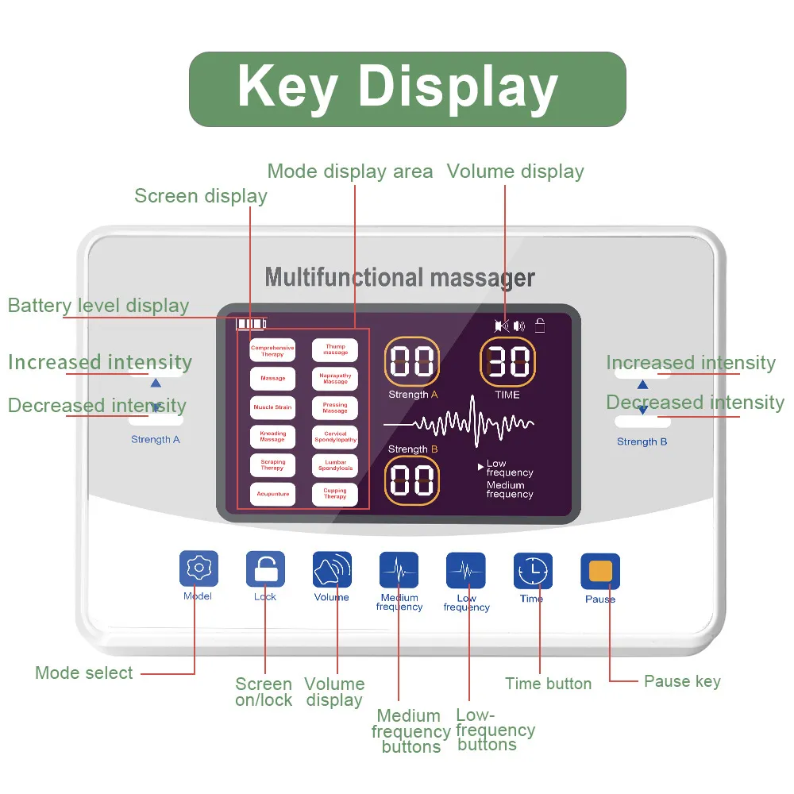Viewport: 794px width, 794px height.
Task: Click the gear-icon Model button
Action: click(198, 569)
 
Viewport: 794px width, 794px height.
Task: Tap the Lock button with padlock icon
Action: click(265, 569)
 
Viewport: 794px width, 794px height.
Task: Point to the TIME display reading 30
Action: click(507, 361)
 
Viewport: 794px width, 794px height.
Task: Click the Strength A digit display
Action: click(412, 361)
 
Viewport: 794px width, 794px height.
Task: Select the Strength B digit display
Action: click(412, 481)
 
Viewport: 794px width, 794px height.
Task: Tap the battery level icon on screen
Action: click(251, 324)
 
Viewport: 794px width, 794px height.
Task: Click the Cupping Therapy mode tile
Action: click(335, 494)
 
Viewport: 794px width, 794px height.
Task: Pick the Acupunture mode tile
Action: click(273, 494)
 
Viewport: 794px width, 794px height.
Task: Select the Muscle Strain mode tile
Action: click(273, 407)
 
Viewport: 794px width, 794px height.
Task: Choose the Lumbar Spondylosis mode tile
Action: click(335, 465)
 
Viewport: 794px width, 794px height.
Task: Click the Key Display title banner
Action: click(407, 89)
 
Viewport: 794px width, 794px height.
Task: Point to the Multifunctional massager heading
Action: click(399, 278)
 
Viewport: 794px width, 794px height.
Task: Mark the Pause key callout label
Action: click(682, 681)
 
